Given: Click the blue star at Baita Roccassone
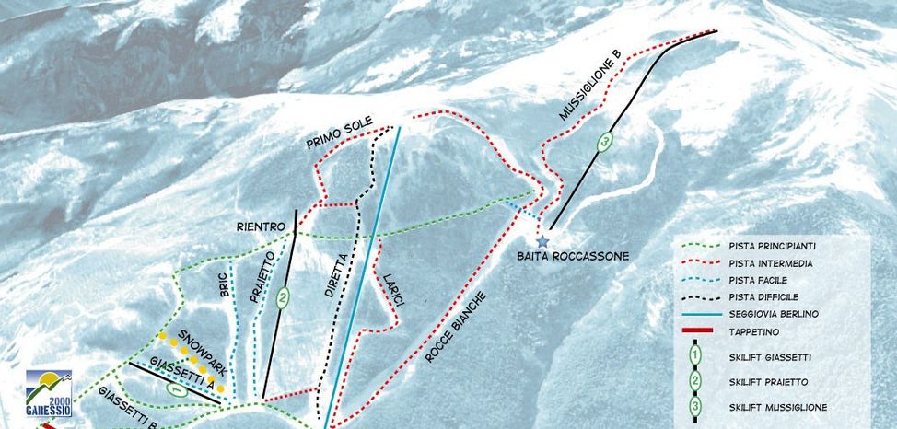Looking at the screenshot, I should (542, 241).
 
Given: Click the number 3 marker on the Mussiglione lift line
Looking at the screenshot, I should (604, 142).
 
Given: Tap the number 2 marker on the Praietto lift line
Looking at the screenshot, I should (283, 296).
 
